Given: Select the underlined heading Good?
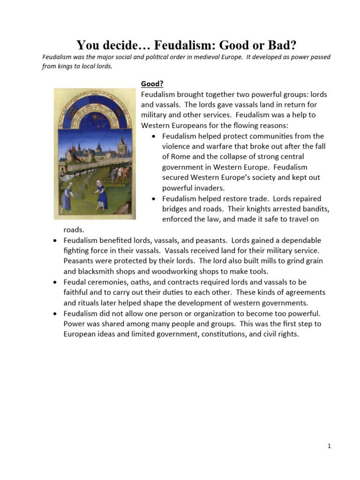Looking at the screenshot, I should pos(152,84).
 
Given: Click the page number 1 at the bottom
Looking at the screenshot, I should pos(330,446).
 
